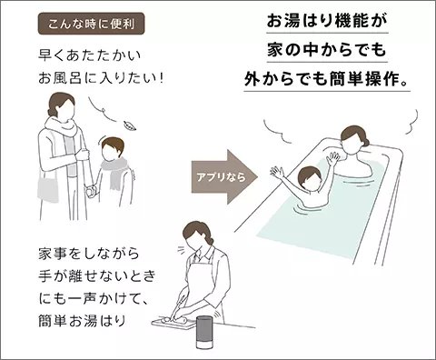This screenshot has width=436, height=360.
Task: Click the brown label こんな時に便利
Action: click(91, 24)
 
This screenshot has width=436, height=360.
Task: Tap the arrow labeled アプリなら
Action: click(224, 177)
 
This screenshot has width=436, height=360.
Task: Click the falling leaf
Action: click(130, 125)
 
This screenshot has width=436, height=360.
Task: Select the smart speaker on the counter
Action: click(204, 332)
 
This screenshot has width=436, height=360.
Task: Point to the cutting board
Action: click(173, 323)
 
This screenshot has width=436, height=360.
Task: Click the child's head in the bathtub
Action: click(310, 178)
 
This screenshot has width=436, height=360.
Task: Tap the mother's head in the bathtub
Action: click(354, 138)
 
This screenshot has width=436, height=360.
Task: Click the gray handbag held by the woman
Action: click(48, 190)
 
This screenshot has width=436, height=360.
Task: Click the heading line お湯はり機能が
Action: click(327, 21)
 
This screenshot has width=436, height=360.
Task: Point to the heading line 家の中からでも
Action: click(327, 50)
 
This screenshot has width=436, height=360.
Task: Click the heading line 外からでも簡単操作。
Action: click(327, 79)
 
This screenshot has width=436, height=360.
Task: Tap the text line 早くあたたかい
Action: click(90, 55)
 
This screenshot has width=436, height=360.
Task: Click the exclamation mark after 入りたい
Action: click(161, 78)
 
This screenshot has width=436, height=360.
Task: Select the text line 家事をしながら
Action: click(89, 254)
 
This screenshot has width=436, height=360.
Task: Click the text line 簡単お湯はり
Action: click(82, 321)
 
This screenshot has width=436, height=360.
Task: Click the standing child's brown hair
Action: click(113, 144)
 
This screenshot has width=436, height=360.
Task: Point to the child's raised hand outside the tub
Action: click(276, 173)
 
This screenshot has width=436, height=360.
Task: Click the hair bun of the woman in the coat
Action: click(52, 113)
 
